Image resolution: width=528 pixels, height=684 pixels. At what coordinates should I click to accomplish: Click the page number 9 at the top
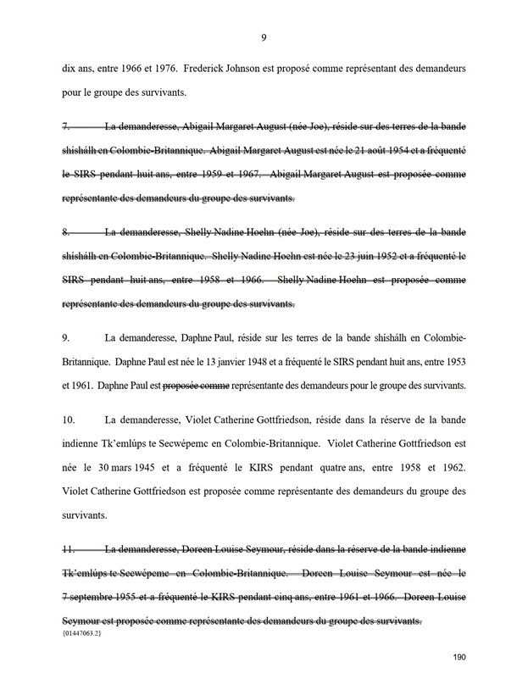pyautogui.click(x=264, y=37)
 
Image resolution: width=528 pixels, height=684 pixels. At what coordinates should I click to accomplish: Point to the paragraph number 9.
pyautogui.click(x=66, y=337)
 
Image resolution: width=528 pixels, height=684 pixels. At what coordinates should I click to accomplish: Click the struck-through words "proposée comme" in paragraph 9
pyautogui.click(x=196, y=386)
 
